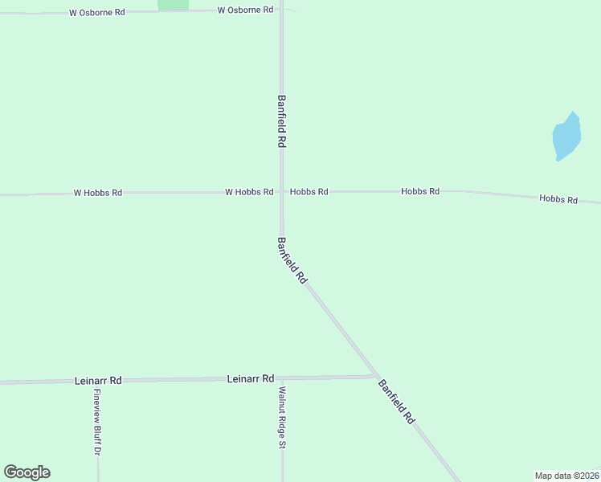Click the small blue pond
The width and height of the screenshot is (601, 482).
tap(566, 137)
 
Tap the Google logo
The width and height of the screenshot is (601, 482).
tap(27, 472)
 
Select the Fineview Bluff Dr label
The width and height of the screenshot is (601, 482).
tap(96, 423)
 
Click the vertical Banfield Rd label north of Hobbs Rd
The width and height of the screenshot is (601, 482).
tap(282, 120)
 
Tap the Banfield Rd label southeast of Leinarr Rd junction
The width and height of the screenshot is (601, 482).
tap(396, 401)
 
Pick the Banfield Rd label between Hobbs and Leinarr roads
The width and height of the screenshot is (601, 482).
tap(292, 260)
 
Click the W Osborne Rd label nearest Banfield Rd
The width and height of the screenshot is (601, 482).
tap(245, 10)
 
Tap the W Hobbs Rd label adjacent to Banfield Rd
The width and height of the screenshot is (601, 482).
tap(249, 192)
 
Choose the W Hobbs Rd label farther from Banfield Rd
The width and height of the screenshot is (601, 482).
tap(97, 193)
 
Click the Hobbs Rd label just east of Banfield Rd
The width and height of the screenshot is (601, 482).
tap(309, 192)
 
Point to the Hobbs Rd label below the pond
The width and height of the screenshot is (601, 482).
tap(558, 198)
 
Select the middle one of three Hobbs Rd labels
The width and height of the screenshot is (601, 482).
tap(420, 191)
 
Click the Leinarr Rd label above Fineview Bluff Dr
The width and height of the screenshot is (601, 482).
tap(97, 380)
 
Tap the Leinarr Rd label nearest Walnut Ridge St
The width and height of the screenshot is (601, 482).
tap(251, 378)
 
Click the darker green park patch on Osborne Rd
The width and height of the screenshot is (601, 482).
tap(173, 5)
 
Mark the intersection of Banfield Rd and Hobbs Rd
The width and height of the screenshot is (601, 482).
tap(281, 192)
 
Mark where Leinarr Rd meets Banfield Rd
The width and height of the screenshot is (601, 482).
tap(375, 375)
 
